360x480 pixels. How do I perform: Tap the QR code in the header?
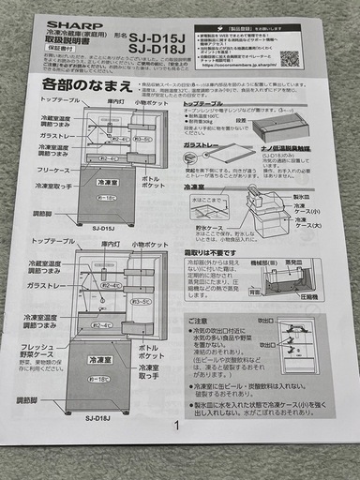pos(289,59)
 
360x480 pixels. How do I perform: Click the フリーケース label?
pos(56,170)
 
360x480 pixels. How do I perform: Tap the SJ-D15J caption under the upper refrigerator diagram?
pos(104,227)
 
